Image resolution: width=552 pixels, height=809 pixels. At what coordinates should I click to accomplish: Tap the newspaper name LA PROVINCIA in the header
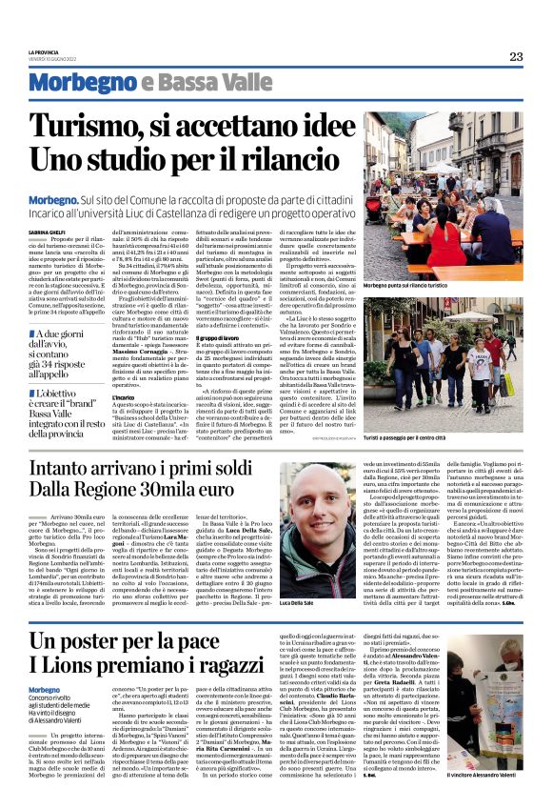tap(44, 52)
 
